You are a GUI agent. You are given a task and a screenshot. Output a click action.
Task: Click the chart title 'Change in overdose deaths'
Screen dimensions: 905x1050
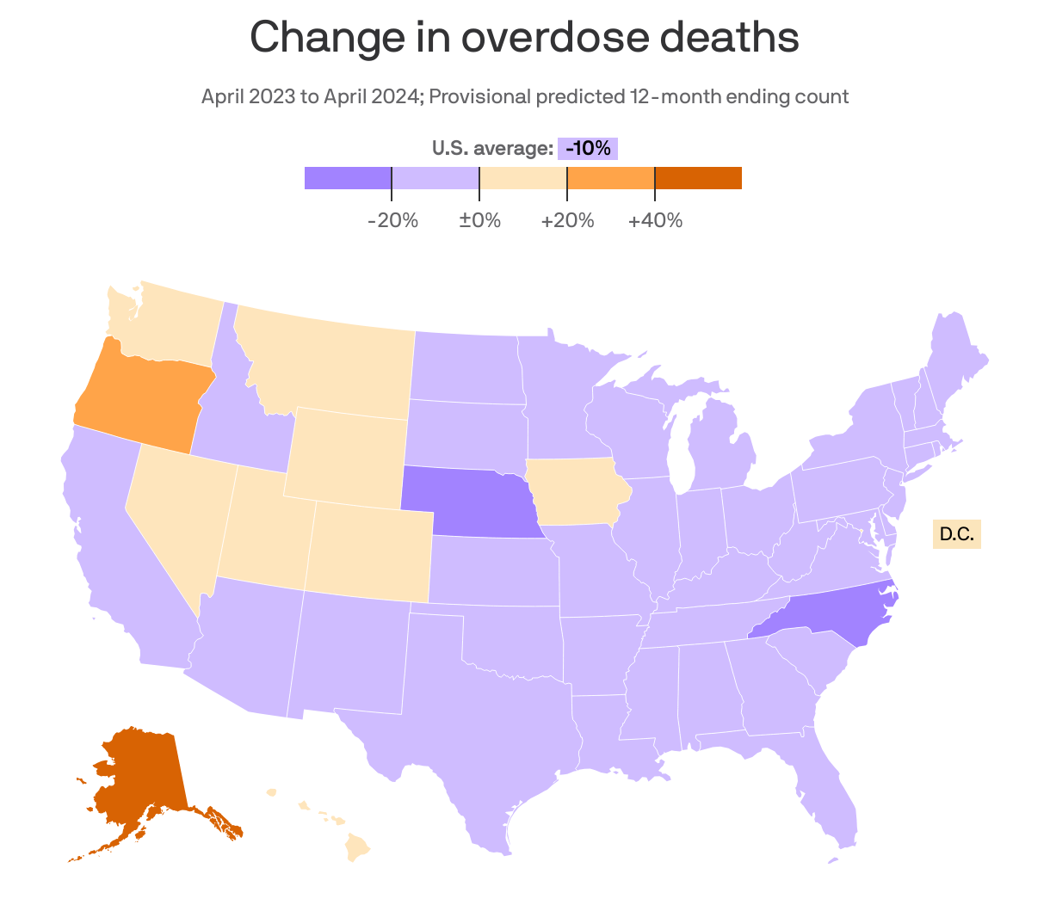(524, 37)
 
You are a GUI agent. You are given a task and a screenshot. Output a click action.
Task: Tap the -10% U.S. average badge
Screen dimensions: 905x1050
(588, 149)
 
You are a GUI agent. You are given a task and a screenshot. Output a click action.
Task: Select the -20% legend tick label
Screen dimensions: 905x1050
(392, 220)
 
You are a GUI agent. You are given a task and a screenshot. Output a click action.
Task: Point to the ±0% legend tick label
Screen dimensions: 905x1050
(479, 220)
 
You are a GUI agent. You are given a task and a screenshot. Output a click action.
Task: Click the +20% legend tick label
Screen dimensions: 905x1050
(567, 220)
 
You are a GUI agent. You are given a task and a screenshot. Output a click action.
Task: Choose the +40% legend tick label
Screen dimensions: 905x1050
(655, 220)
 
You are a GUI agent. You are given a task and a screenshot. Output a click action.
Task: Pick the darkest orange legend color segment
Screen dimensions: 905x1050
(698, 178)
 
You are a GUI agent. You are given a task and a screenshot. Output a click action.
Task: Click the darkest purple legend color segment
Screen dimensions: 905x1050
(348, 178)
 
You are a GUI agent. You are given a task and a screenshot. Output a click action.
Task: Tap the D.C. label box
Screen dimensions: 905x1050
(956, 534)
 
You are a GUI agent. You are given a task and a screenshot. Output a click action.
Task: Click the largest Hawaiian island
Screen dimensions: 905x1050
(357, 847)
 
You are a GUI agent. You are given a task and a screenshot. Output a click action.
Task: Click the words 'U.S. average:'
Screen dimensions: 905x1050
(492, 149)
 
